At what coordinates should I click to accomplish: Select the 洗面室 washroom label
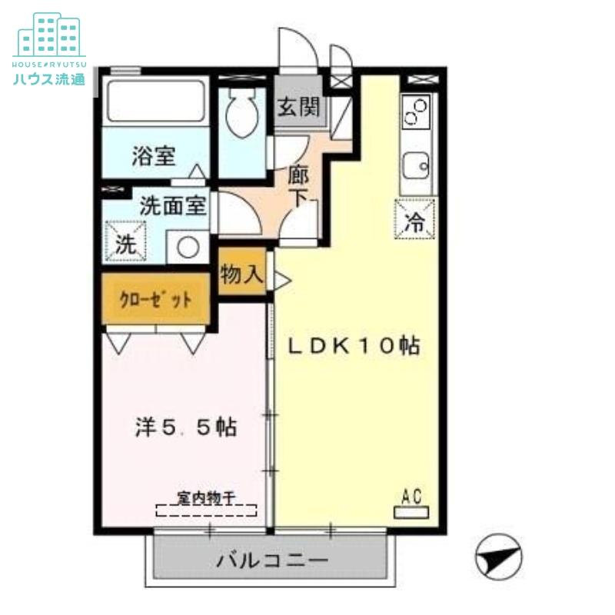pos(173,206)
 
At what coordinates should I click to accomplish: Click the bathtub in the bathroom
pos(155,100)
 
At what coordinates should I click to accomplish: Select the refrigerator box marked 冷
pos(415,219)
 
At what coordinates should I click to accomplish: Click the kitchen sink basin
pos(417,165)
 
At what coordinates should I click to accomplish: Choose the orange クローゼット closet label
pos(155,299)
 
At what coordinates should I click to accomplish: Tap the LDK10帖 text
pos(354,346)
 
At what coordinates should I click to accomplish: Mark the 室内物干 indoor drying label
pos(206,498)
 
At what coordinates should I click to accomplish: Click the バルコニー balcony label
pos(271,559)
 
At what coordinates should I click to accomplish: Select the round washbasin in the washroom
pos(185,247)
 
